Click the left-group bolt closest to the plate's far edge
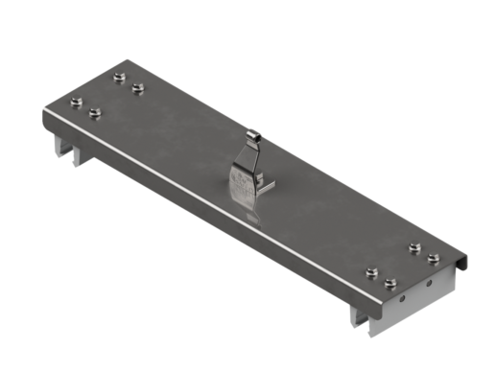coord(119,76)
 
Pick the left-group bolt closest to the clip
coord(139,88)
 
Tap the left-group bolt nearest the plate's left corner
coord(75,101)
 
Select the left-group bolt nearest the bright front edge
coord(94,114)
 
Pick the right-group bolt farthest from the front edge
coord(414,247)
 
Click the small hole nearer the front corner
coord(404,298)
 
